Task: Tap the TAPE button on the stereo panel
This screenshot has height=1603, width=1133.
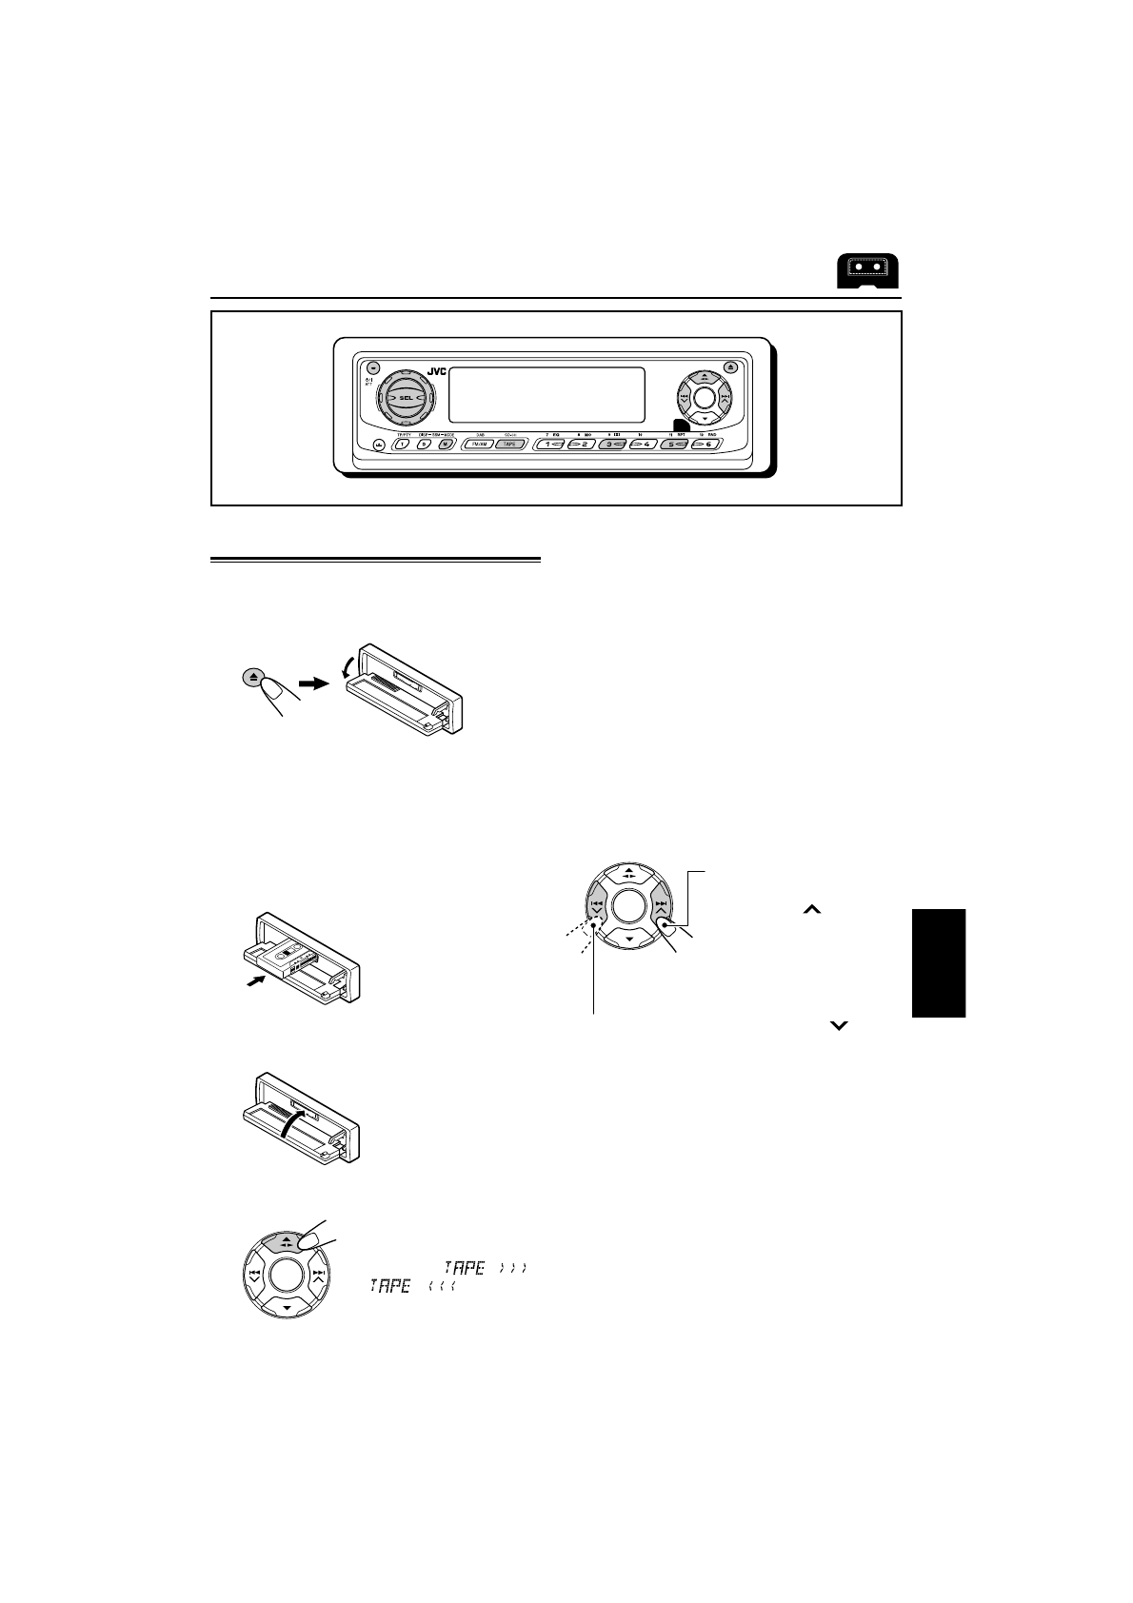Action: [x=509, y=444]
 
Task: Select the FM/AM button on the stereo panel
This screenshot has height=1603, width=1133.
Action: [x=477, y=444]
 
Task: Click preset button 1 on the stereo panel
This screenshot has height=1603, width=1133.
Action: [x=551, y=444]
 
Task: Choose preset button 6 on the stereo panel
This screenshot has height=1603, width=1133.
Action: [x=706, y=444]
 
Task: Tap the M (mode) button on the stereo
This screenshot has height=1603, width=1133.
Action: [x=443, y=444]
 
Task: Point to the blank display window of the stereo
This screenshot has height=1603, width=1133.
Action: [x=546, y=394]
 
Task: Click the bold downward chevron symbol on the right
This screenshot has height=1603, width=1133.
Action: [x=839, y=1025]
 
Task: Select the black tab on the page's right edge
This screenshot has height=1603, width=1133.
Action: [x=938, y=963]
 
